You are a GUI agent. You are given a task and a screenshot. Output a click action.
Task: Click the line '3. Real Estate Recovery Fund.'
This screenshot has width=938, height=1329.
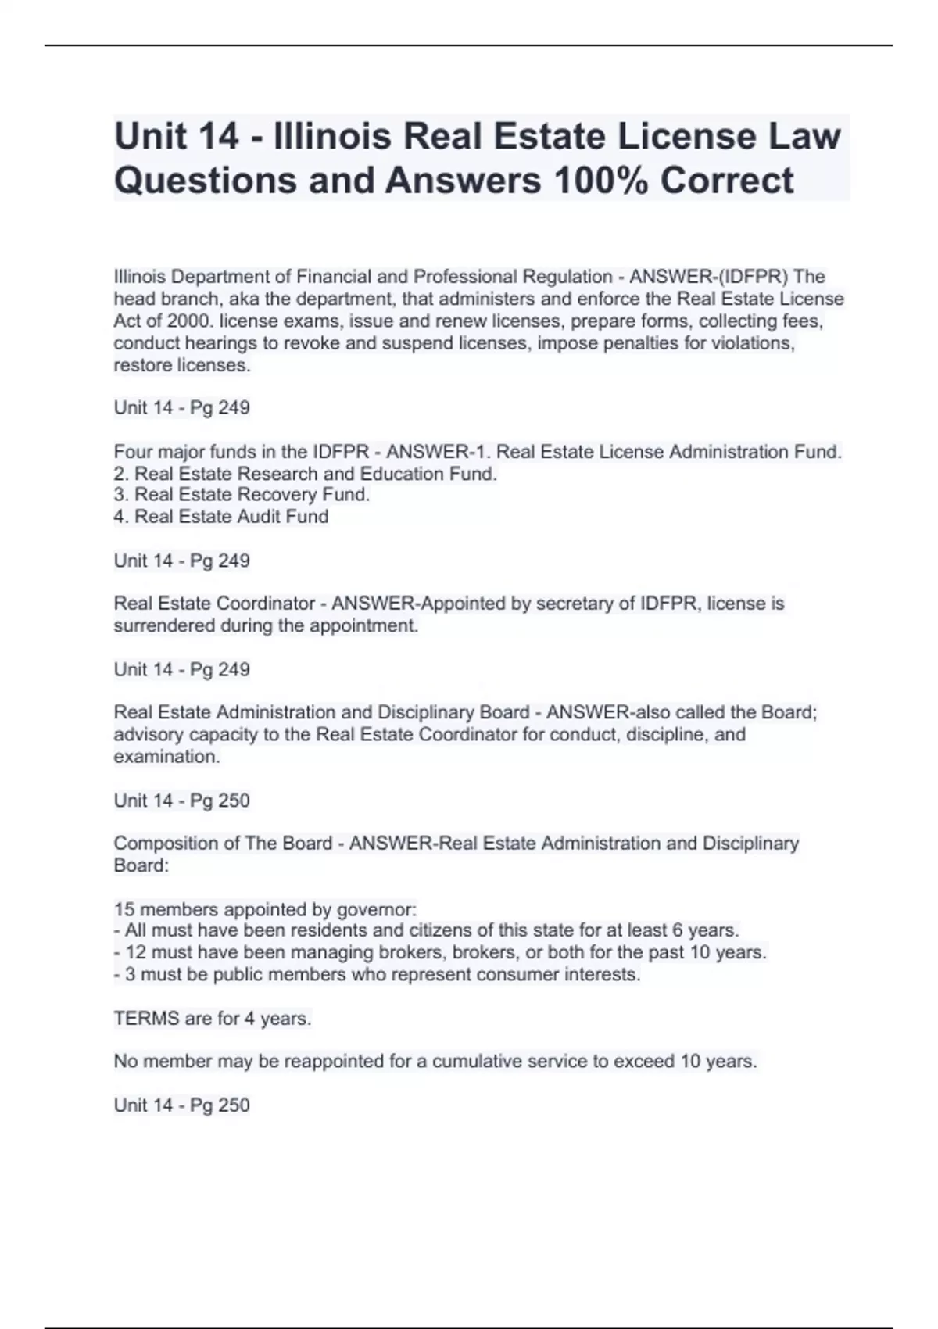coord(242,495)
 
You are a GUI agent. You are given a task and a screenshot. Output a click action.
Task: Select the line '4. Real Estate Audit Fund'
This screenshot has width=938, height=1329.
coord(221,517)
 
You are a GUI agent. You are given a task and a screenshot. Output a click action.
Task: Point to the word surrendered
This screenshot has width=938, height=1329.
coord(164,625)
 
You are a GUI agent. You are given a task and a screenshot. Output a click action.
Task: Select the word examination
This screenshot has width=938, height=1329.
coord(166,757)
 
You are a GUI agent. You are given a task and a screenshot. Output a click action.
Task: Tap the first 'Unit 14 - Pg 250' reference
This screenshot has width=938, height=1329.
coord(182,801)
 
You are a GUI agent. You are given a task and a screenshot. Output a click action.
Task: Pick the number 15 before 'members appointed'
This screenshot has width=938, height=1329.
coord(124,910)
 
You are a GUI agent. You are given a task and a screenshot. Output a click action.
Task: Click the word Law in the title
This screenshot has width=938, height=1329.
coord(815,136)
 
